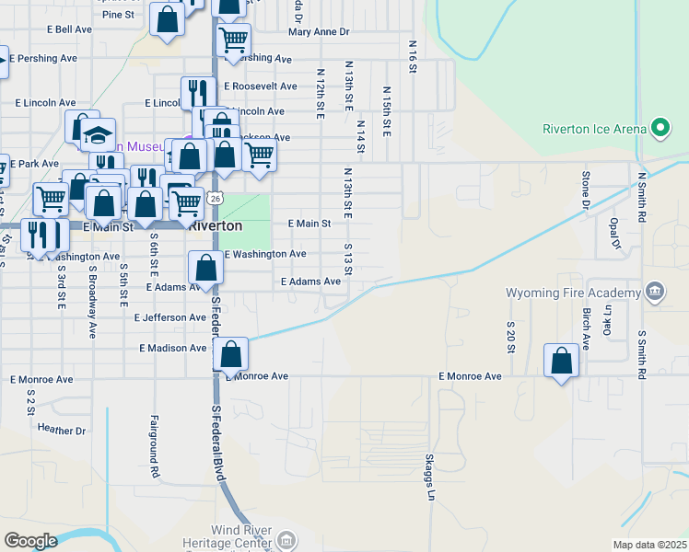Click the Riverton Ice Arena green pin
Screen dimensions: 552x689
pos(660,129)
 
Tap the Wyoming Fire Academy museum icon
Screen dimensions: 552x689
pos(654,293)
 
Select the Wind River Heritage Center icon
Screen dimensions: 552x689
pos(286,540)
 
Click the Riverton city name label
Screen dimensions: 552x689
pos(216,225)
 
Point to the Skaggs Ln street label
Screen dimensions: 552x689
pos(429,477)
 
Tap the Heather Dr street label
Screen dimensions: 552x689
pos(62,430)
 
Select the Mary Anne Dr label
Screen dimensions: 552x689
pos(319,31)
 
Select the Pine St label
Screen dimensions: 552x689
pos(118,15)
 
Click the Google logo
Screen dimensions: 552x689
pos(30,541)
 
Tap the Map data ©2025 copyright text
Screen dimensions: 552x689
pos(649,545)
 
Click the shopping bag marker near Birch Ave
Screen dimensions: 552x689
pos(562,362)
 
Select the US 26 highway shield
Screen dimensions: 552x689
pos(214,198)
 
